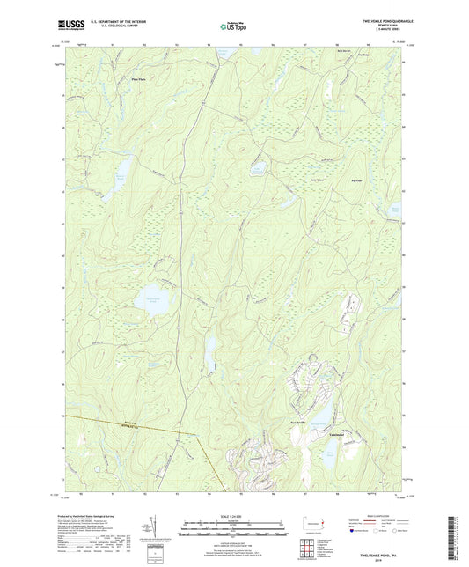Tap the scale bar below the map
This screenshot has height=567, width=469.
[233, 531]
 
